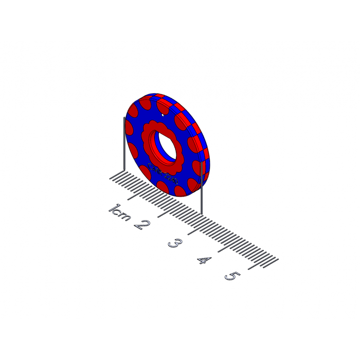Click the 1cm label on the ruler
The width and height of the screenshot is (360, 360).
[119, 212]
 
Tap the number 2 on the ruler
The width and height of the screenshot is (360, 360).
[142, 225]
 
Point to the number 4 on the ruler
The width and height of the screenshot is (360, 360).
[204, 260]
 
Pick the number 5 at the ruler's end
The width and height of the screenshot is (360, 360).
[232, 276]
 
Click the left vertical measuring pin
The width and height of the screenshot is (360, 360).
[124, 144]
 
